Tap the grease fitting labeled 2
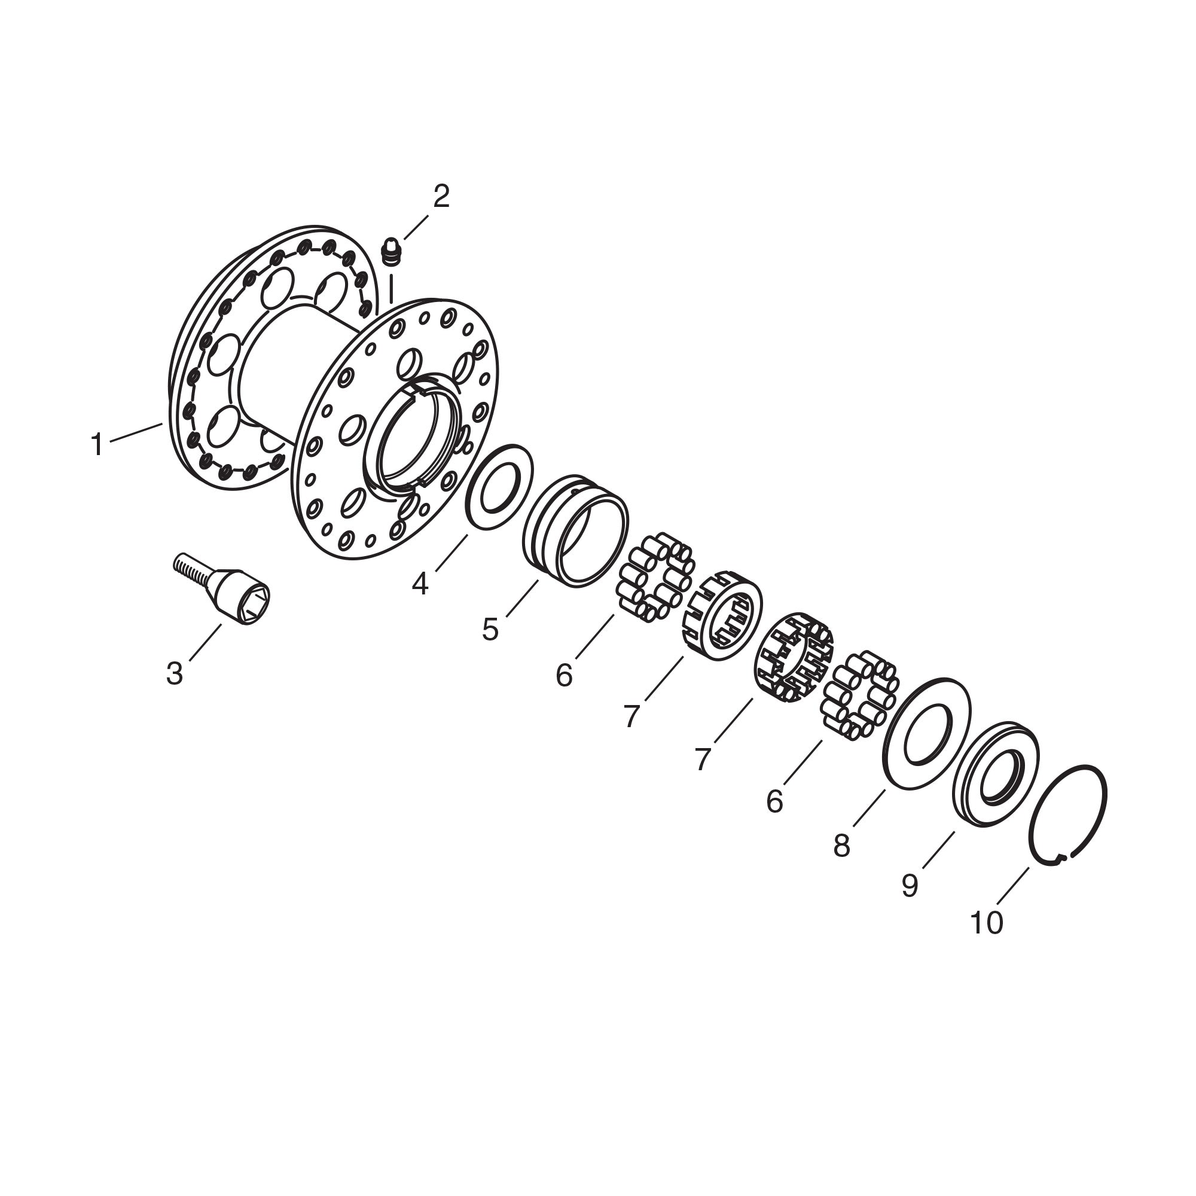pos(391,252)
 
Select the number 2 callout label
pos(441,197)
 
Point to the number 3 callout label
pos(175,673)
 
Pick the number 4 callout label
pos(420,583)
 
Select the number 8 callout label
pos(841,846)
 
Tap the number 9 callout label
pos(910,886)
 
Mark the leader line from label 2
pos(416,227)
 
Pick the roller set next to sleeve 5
pos(655,576)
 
